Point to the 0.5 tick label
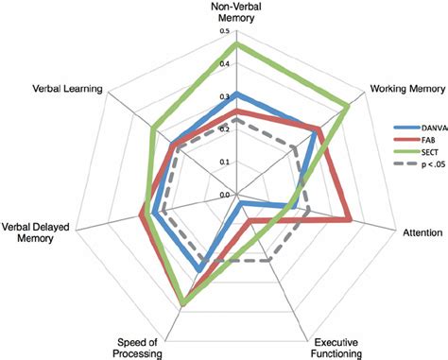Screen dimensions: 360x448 point(224,31)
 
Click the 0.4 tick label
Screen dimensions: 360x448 point(224,64)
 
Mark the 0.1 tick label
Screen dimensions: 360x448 point(224,162)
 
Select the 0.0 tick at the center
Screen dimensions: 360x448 point(224,195)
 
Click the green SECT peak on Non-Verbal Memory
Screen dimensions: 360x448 point(236,43)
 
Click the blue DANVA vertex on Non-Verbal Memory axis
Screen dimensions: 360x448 point(236,94)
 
